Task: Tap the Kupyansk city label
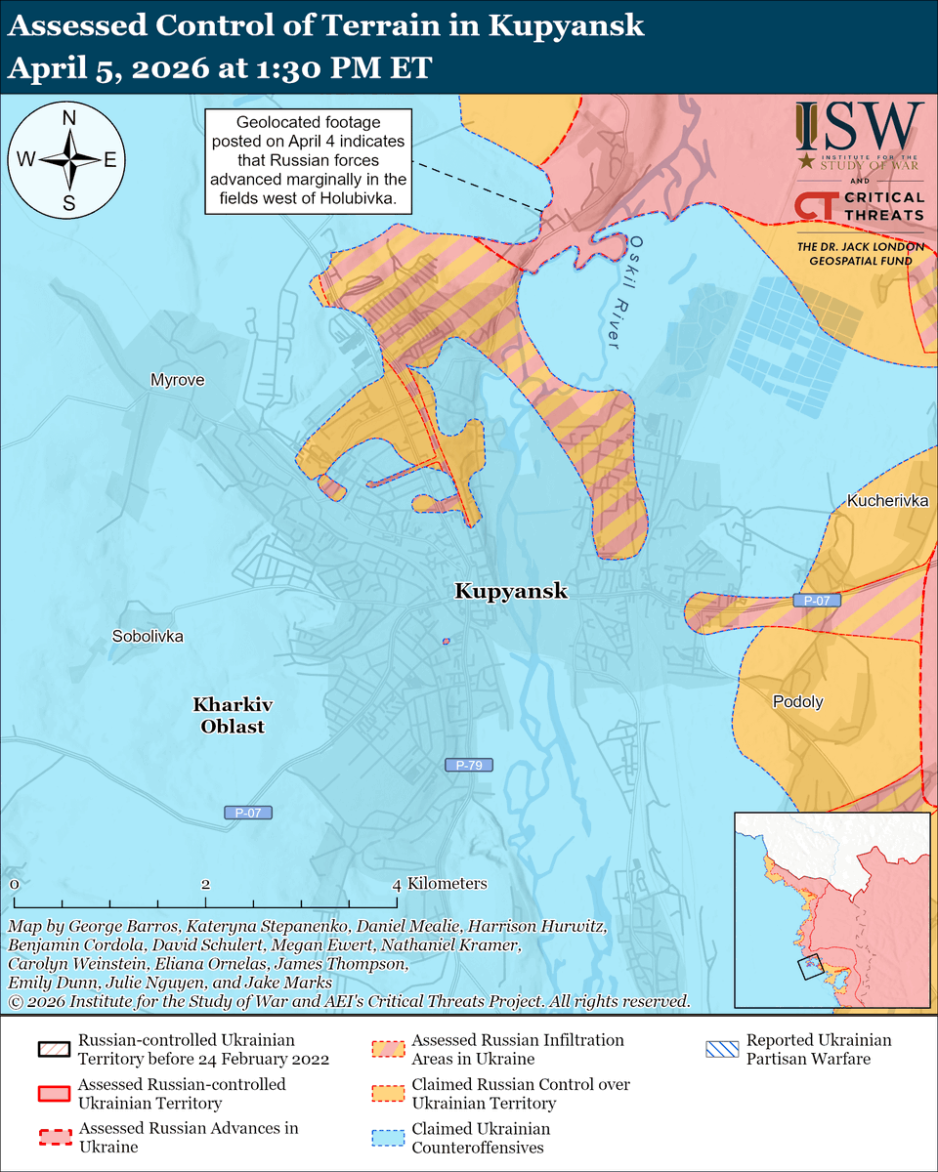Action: coord(510,592)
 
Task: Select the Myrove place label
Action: coord(178,380)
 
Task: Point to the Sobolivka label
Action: coord(149,636)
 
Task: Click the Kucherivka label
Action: coord(886,501)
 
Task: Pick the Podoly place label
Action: coord(798,701)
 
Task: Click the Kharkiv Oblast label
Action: coord(233,715)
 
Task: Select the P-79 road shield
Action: coord(469,766)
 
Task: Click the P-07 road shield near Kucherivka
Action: coord(817,601)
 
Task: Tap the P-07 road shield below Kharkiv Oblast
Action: coord(248,812)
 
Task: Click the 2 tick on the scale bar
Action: coord(206,884)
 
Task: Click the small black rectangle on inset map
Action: coord(810,968)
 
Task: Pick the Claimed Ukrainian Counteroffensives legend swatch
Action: coord(386,1138)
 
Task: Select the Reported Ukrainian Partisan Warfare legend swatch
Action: coord(720,1050)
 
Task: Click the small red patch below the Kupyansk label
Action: coord(446,642)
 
